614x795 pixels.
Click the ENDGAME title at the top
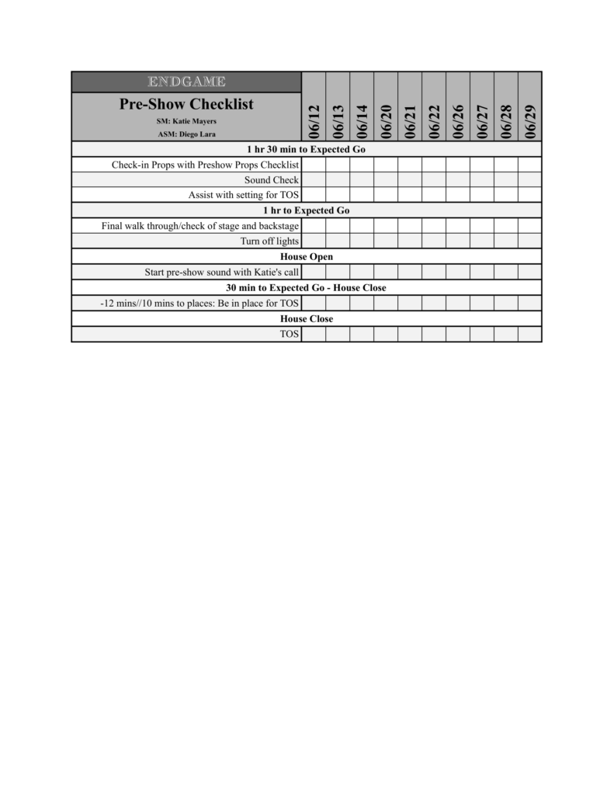pyautogui.click(x=186, y=82)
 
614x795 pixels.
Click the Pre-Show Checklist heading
pyautogui.click(x=186, y=104)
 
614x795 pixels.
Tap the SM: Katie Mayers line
pyautogui.click(x=186, y=121)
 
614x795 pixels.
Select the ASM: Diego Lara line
pyautogui.click(x=186, y=134)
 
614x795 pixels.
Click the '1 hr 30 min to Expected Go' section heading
pyautogui.click(x=306, y=149)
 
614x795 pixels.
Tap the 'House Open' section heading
pyautogui.click(x=306, y=256)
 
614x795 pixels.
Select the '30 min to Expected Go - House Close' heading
pyautogui.click(x=306, y=287)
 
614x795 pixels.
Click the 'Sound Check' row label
pyautogui.click(x=271, y=179)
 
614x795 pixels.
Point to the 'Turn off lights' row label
pyautogui.click(x=269, y=241)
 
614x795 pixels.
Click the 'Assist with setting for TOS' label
pyautogui.click(x=243, y=195)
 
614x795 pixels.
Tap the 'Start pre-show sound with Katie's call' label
pyautogui.click(x=221, y=272)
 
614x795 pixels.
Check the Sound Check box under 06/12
pyautogui.click(x=314, y=179)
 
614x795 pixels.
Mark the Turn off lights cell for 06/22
pyautogui.click(x=434, y=241)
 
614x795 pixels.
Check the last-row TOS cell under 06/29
pyautogui.click(x=530, y=334)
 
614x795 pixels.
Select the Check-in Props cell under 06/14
pyautogui.click(x=362, y=165)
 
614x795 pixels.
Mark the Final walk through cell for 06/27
pyautogui.click(x=482, y=226)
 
